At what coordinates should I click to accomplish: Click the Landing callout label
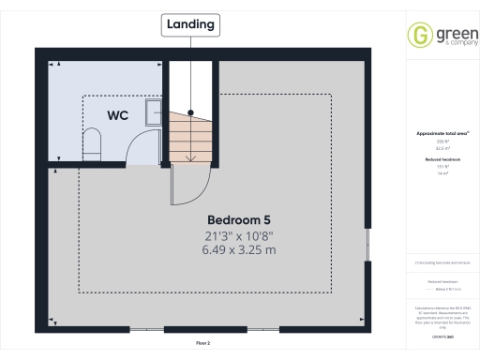tap(190, 23)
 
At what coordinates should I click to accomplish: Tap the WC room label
tap(117, 116)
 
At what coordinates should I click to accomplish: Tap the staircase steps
tap(191, 136)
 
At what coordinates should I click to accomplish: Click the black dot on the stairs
tap(191, 113)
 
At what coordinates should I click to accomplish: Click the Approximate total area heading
tap(441, 134)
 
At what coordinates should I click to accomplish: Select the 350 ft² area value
tap(441, 142)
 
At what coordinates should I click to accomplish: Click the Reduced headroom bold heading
tap(441, 160)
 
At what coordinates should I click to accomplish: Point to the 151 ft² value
tap(441, 168)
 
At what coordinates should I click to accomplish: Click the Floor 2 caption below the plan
tap(202, 345)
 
